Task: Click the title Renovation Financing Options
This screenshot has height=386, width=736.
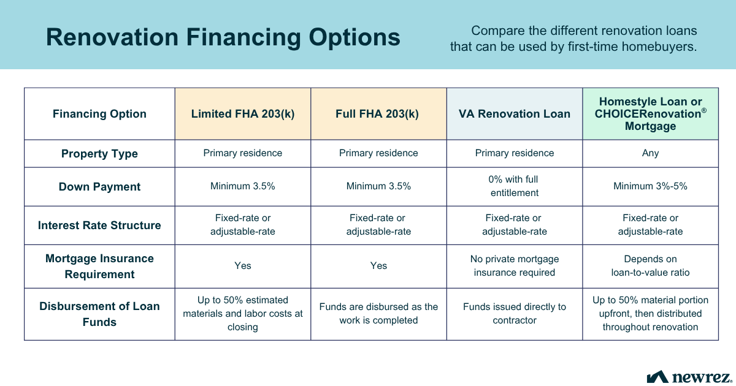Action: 223,37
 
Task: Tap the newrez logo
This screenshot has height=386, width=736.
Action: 688,376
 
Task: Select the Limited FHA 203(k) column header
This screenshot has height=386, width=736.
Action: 243,114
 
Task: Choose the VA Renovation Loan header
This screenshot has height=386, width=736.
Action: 515,114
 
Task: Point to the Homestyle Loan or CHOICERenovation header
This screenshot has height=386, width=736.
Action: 650,114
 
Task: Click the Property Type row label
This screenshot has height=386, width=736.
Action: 99,154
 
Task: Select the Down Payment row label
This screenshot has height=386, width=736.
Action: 99,187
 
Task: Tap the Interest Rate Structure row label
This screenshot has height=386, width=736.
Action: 99,225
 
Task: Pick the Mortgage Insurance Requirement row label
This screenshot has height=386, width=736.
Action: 99,267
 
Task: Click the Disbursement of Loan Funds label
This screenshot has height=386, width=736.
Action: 99,314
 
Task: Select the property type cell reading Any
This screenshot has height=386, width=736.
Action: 650,153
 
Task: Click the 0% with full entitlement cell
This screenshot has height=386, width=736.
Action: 515,186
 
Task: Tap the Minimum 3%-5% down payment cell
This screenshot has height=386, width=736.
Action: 650,186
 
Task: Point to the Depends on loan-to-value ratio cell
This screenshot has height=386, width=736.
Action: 650,266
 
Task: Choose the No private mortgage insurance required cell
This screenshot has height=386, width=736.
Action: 515,266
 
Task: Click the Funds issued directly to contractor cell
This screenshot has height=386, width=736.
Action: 515,313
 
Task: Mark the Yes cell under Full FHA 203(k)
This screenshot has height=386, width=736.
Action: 378,265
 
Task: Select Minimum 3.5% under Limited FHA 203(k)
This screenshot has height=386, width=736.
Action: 243,186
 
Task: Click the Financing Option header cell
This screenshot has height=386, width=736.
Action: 99,114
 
